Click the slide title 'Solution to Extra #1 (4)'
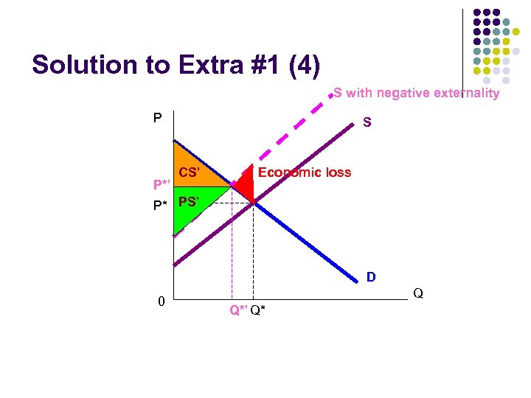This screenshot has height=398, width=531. click(176, 66)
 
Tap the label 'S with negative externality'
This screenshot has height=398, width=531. click(416, 93)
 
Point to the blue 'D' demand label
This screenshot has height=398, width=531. click(371, 277)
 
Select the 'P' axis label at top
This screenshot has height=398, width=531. click(157, 118)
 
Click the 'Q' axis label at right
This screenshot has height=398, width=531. click(417, 293)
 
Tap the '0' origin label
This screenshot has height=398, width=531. click(162, 301)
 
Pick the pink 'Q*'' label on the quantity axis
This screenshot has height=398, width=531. click(237, 310)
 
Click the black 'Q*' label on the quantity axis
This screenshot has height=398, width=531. click(258, 310)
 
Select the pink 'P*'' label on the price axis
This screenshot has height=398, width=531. click(162, 184)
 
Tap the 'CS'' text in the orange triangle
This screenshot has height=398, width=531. click(190, 172)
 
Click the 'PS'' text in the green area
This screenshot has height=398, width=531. click(187, 200)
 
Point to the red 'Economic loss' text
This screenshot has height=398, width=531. click(305, 172)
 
